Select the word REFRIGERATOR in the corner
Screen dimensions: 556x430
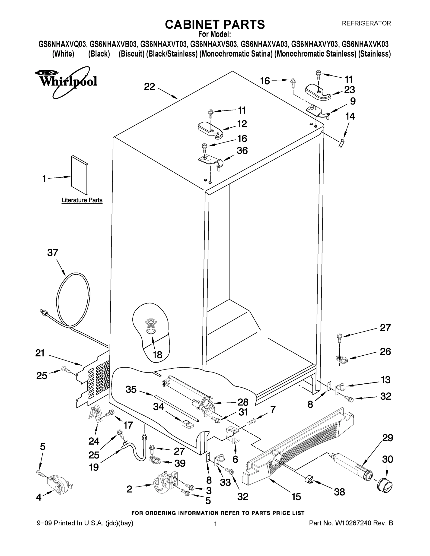point(366,23)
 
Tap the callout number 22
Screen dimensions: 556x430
point(149,87)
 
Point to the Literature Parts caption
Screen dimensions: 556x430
point(82,200)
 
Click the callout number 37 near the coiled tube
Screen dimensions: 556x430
point(53,253)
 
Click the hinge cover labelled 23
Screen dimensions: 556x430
point(318,92)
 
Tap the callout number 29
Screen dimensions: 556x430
point(387,438)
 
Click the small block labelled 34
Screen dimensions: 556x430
point(188,424)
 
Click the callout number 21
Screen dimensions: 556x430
point(40,353)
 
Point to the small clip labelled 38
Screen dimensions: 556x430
point(309,479)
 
